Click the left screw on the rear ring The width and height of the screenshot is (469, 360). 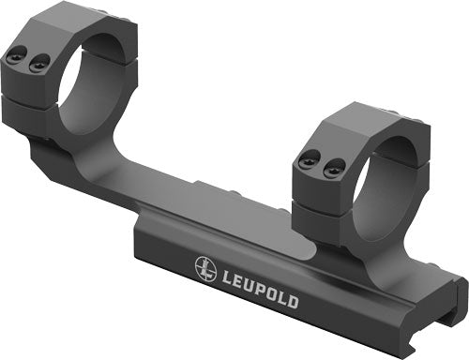tap(15, 58)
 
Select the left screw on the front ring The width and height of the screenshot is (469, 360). tap(308, 163)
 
